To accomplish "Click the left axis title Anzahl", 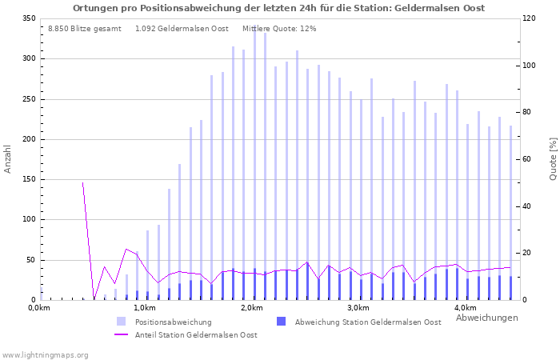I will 8,158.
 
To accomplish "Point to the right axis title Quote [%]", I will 553,158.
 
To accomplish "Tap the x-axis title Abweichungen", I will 486,318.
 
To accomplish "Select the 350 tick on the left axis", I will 29,18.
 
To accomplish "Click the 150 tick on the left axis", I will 29,179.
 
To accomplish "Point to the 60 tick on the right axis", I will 528,159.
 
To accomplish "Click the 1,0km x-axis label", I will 144,308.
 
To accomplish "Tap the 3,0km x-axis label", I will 358,308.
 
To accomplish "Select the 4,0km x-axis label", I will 466,308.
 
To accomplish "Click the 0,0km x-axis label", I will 38,308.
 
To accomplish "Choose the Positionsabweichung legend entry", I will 173,322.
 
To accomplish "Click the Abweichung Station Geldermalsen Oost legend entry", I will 367,322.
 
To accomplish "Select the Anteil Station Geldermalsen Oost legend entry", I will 195,335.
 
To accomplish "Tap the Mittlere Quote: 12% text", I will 279,29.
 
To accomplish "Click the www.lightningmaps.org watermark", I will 45,354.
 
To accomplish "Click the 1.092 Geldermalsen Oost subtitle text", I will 182,29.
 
